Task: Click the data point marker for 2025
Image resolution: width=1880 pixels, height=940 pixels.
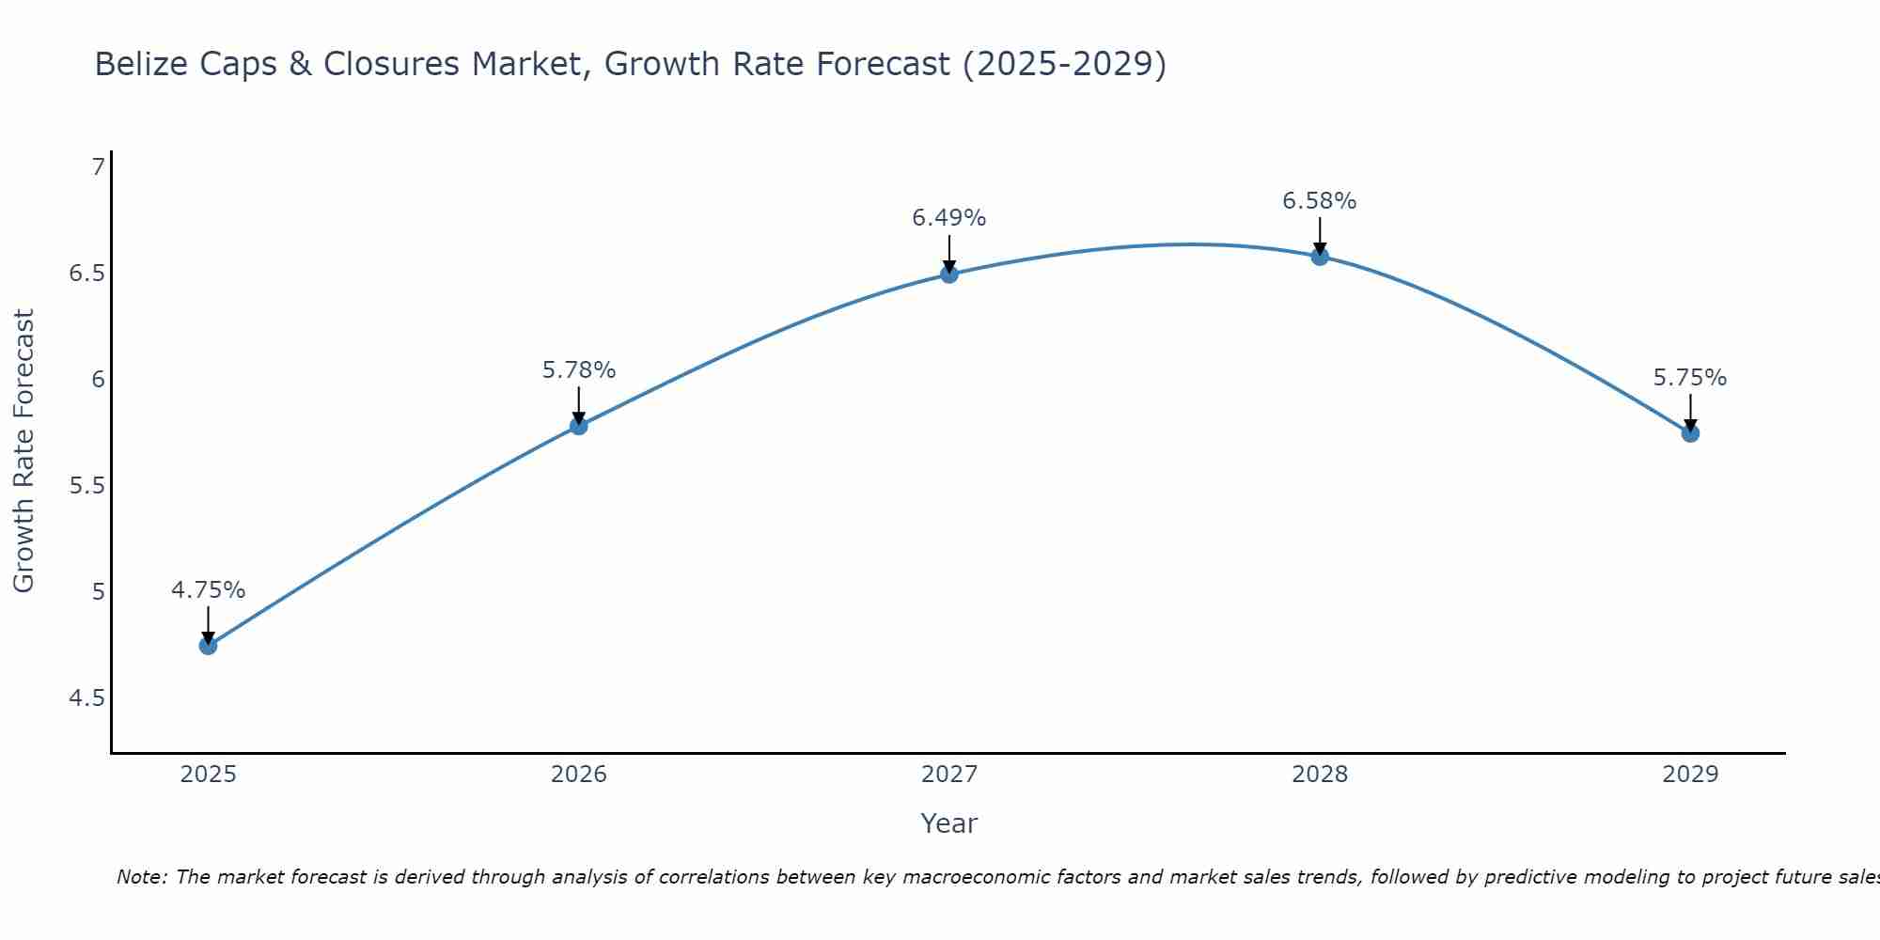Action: click(208, 646)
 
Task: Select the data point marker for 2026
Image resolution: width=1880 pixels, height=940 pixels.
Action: click(578, 426)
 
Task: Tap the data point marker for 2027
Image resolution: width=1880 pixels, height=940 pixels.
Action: click(949, 274)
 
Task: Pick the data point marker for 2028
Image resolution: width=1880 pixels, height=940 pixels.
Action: click(1320, 256)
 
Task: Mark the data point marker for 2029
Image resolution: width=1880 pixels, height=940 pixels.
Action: click(1690, 433)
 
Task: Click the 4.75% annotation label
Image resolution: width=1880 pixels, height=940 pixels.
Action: click(208, 590)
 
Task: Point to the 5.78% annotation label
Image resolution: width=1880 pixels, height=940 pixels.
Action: click(578, 370)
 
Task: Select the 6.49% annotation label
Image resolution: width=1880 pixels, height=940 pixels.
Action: click(949, 218)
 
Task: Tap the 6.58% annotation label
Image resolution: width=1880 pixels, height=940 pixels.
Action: click(1320, 201)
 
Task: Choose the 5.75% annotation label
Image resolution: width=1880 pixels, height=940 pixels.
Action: click(1690, 378)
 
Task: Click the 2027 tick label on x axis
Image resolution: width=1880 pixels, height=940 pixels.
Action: click(949, 775)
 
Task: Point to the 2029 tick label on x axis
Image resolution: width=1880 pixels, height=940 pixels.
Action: click(1690, 775)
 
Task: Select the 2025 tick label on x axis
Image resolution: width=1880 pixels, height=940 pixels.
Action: click(208, 775)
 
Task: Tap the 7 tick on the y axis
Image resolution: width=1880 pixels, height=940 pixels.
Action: click(98, 167)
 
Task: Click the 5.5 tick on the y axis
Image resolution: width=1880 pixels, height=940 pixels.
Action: click(86, 486)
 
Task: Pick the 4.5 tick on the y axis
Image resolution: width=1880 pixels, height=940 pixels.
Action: click(86, 698)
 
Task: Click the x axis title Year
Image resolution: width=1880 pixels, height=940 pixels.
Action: click(949, 823)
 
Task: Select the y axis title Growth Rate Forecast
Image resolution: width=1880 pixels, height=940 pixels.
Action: click(23, 451)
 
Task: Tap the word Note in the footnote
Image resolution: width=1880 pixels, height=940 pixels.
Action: click(141, 877)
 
